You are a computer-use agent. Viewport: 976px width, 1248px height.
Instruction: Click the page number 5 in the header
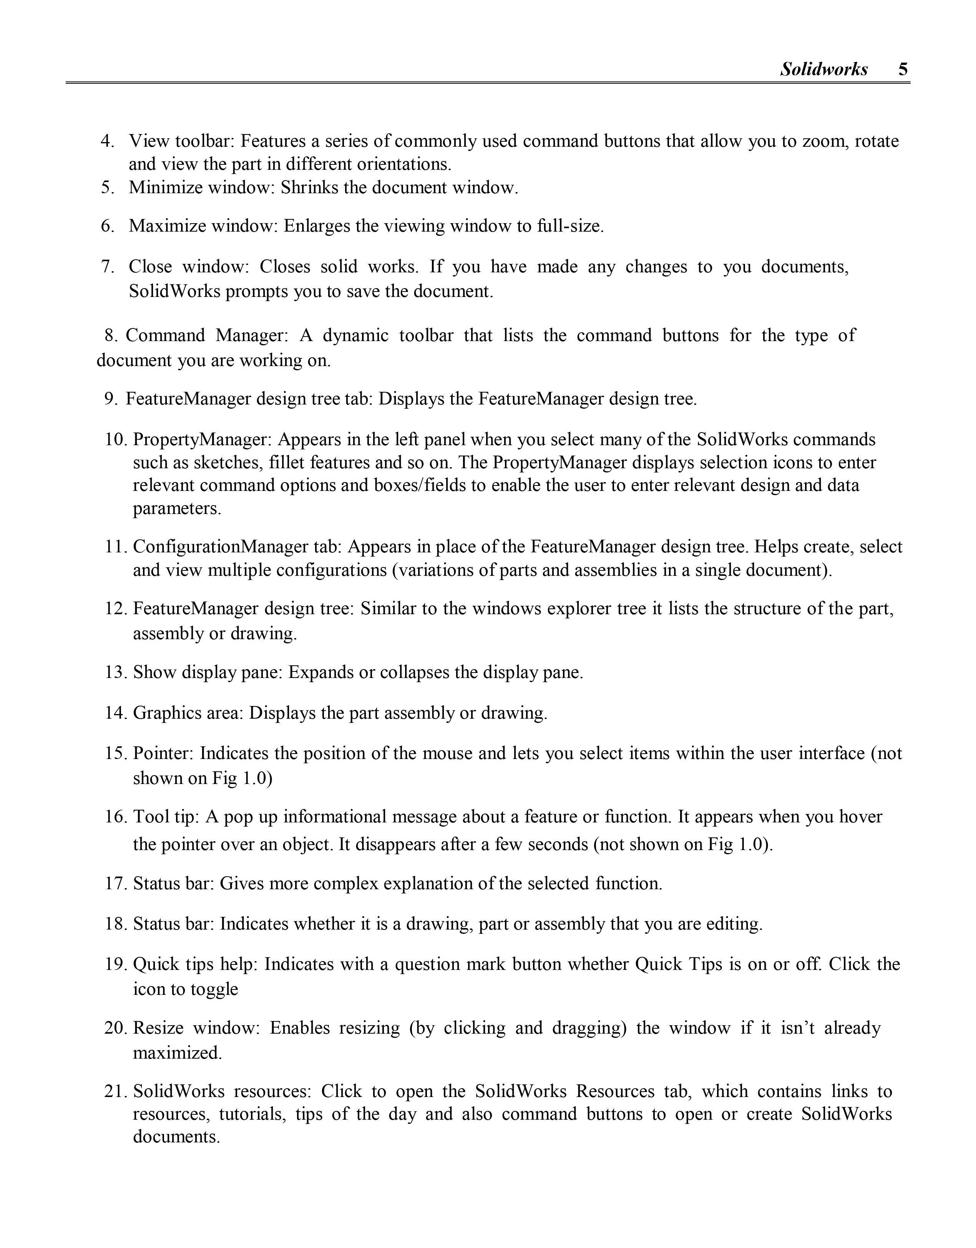click(x=903, y=69)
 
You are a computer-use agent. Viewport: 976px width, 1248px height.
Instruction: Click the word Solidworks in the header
click(x=824, y=69)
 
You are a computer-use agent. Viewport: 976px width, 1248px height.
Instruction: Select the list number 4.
click(x=107, y=141)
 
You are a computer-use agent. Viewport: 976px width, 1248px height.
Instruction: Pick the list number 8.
click(x=110, y=335)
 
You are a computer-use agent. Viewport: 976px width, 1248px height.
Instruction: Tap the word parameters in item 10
click(x=177, y=508)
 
